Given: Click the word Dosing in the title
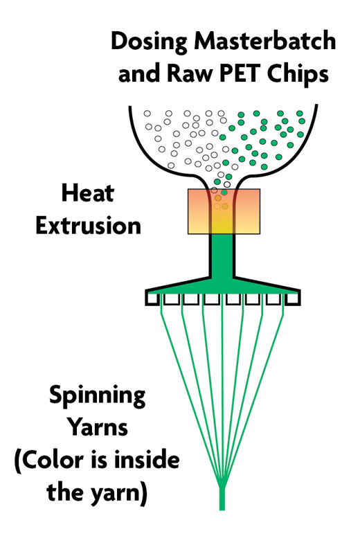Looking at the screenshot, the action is tap(149, 42).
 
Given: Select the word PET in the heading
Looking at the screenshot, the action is tap(240, 74).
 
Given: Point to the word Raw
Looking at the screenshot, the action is tap(190, 74).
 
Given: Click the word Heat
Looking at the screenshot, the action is tap(88, 193).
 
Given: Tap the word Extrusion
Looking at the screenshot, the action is tap(89, 226).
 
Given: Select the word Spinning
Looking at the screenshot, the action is tap(97, 396).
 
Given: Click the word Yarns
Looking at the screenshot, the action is tap(98, 427).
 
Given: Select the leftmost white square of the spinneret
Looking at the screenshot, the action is tap(152, 299).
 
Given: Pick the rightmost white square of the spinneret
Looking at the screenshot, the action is tap(294, 299).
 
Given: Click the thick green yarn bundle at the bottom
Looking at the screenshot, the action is tap(222, 498).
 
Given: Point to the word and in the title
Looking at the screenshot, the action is tap(139, 74).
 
